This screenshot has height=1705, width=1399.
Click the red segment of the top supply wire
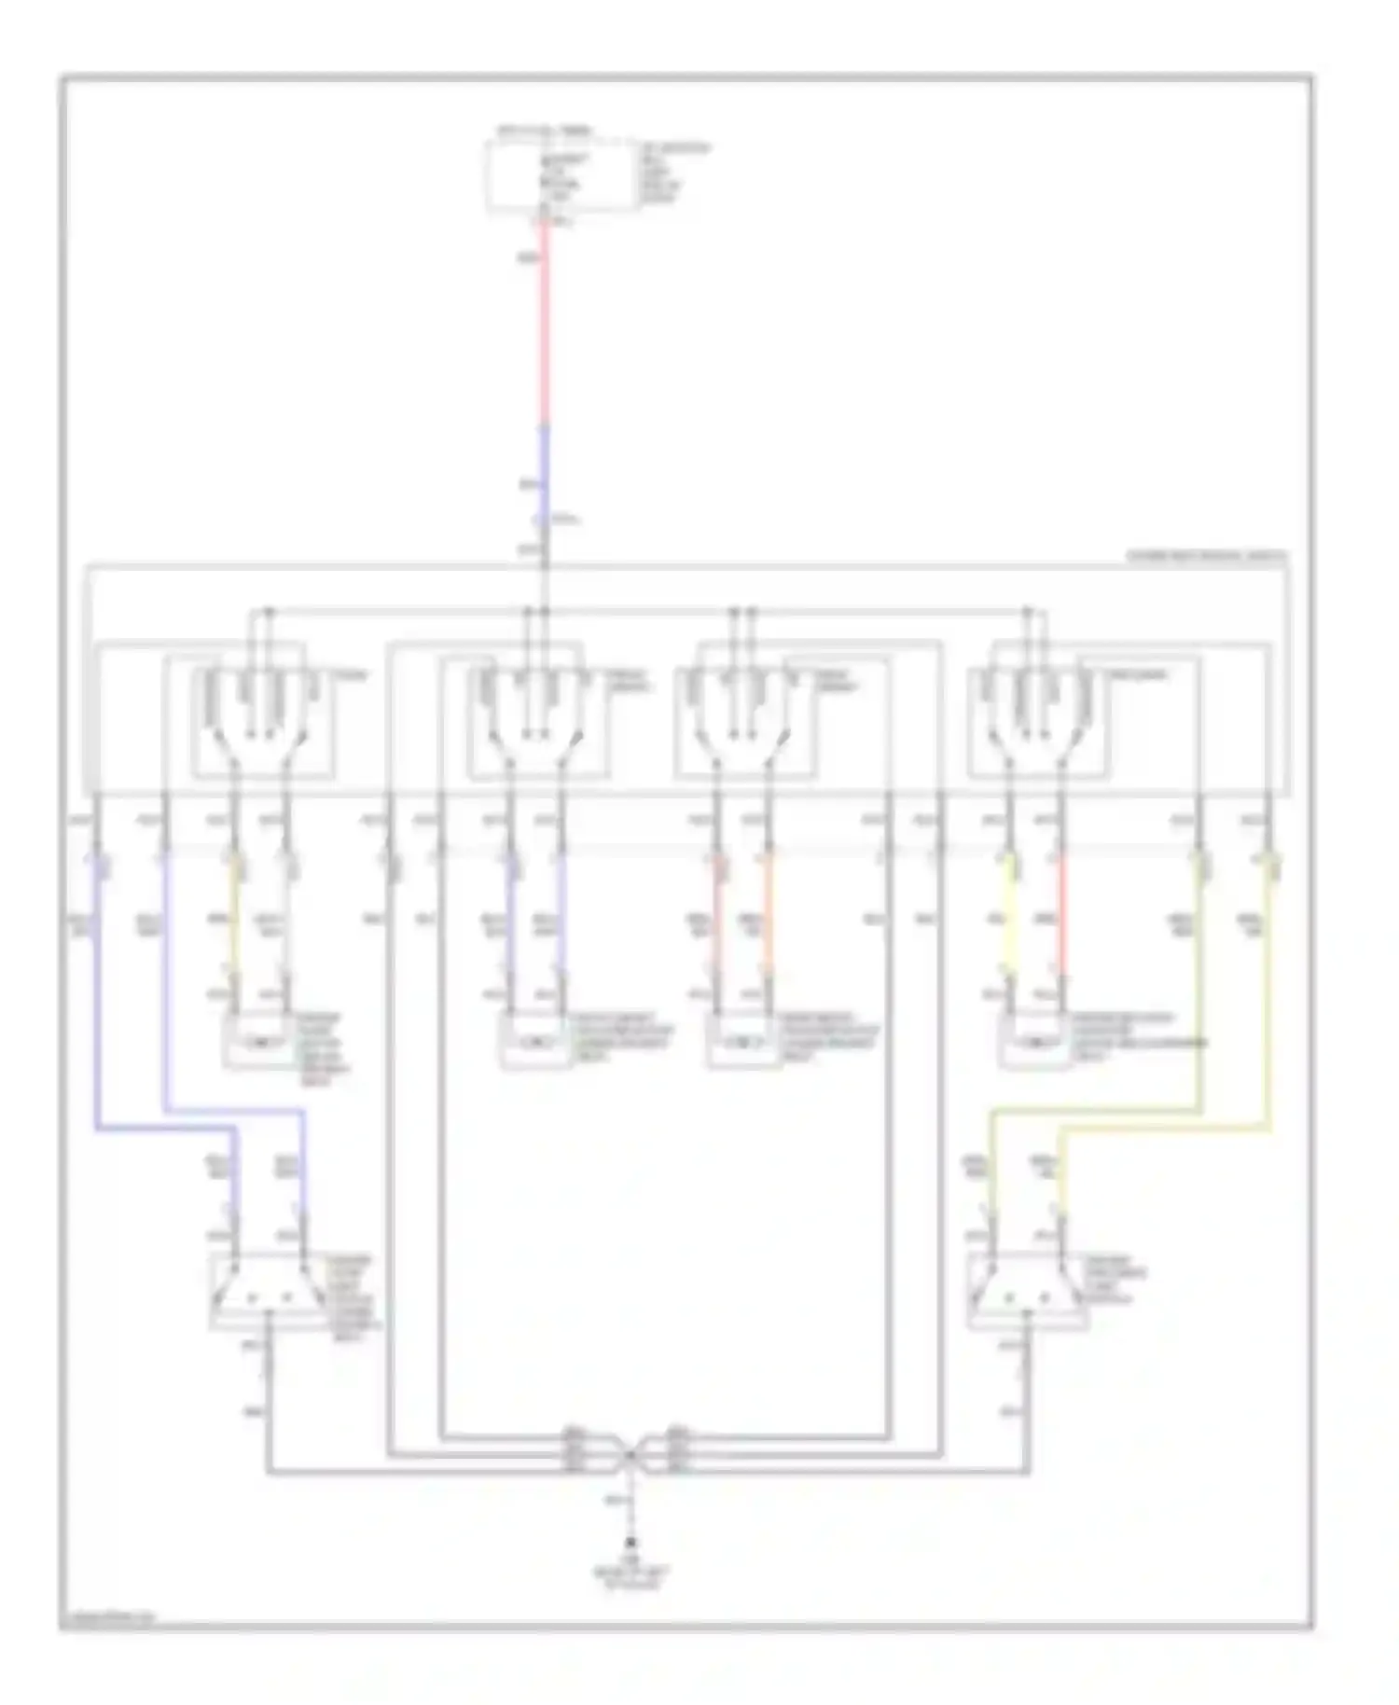click(544, 326)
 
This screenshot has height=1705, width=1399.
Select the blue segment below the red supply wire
click(544, 476)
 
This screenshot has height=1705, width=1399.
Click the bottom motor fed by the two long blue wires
click(269, 1292)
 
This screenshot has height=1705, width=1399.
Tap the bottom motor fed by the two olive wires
click(1028, 1292)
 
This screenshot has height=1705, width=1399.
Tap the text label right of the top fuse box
click(674, 173)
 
